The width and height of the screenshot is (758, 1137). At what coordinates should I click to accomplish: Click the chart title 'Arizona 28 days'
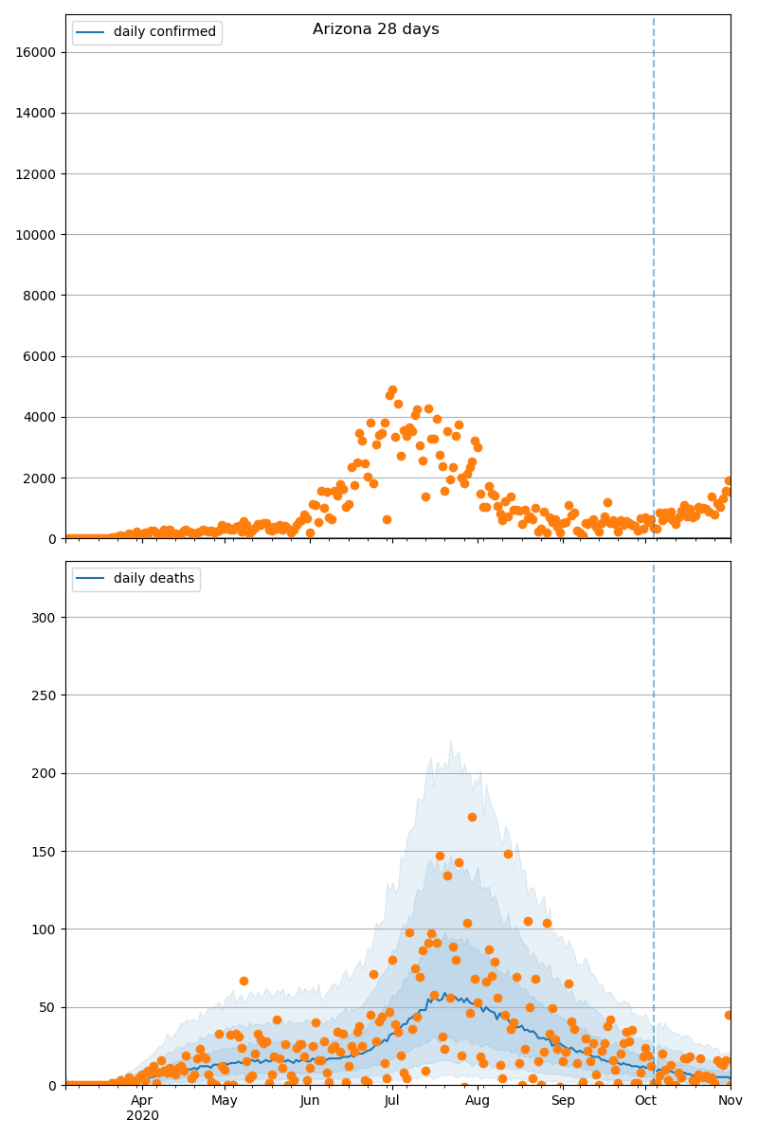click(375, 29)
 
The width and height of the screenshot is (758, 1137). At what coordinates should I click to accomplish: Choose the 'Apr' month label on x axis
click(142, 1100)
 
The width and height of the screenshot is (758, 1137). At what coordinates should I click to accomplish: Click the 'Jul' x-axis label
click(391, 1100)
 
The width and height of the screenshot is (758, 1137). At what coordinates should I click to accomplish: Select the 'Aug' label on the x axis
click(478, 1100)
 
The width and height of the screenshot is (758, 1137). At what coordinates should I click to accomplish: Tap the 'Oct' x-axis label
click(645, 1100)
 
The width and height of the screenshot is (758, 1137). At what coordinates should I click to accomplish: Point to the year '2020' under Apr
click(142, 1116)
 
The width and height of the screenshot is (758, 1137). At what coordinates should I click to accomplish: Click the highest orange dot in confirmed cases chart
click(392, 390)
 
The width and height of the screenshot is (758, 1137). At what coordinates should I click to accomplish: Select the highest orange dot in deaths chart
click(472, 817)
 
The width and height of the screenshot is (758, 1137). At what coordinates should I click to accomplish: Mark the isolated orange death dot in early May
click(244, 981)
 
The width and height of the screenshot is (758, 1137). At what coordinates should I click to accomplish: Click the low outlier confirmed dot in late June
click(387, 519)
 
